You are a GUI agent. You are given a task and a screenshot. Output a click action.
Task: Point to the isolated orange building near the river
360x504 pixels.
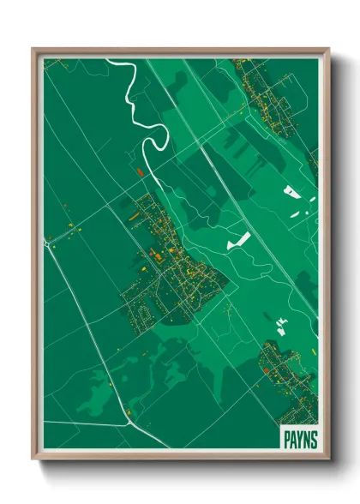140,172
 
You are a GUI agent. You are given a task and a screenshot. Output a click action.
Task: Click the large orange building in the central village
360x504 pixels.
158,255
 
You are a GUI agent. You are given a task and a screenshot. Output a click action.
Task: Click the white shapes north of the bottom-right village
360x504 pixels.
280,323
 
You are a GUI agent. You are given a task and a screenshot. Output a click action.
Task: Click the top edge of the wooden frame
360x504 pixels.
180,50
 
